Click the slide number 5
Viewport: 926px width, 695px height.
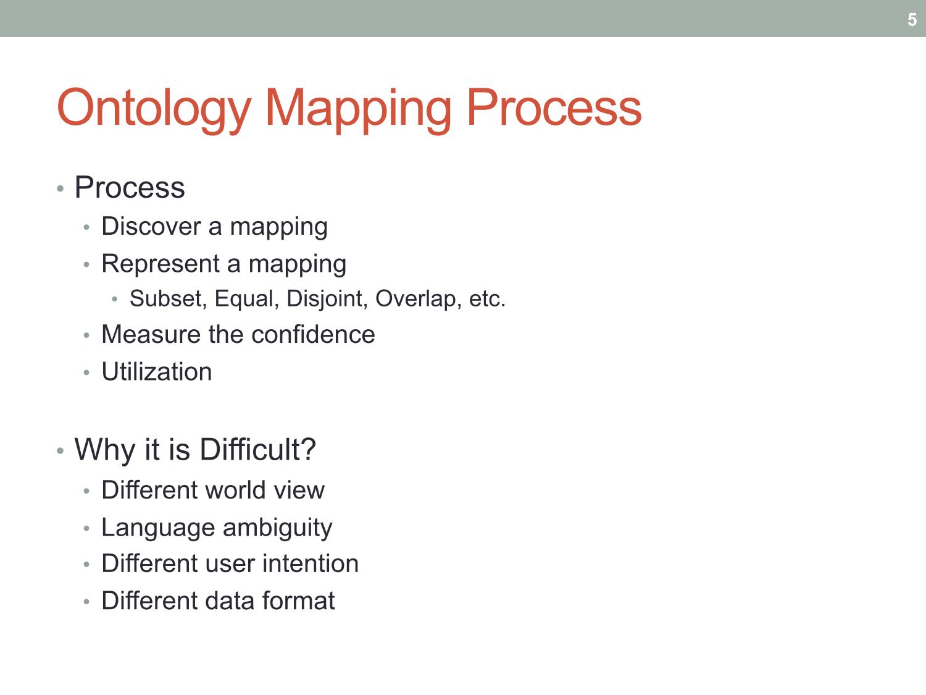pos(912,20)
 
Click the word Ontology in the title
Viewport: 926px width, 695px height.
pos(154,109)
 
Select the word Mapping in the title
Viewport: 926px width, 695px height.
pos(358,109)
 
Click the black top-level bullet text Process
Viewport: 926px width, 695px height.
pos(130,187)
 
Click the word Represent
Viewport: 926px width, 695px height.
pos(161,263)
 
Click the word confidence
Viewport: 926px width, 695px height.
pos(313,334)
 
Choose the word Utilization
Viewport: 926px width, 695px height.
pos(157,371)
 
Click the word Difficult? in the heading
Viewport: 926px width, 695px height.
pos(258,449)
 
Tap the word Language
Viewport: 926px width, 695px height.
pos(158,528)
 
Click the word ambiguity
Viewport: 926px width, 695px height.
pos(277,528)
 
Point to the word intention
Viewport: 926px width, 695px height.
pos(311,563)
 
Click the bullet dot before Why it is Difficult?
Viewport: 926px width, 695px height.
pos(60,451)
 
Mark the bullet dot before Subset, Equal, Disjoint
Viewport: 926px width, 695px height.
pos(114,300)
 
